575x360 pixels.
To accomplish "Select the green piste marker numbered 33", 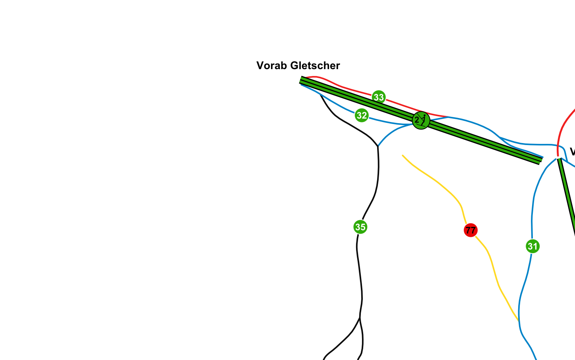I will [x=379, y=97].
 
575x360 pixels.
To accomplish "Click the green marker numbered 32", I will [x=362, y=115].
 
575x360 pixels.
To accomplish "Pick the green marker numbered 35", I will [x=360, y=227].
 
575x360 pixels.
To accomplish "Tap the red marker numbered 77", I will [x=470, y=230].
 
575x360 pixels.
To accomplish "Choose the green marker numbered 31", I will [x=532, y=246].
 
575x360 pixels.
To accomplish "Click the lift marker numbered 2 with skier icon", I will [x=421, y=120].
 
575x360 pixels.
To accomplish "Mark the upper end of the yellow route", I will [x=403, y=155].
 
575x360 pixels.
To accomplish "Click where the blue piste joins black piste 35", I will [x=378, y=146].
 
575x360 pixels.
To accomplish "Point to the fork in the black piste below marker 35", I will [x=360, y=318].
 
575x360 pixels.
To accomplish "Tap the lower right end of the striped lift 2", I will [x=540, y=161].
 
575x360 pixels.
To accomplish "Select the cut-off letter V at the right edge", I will [x=572, y=152].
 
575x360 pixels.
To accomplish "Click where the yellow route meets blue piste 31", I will [x=519, y=320].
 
